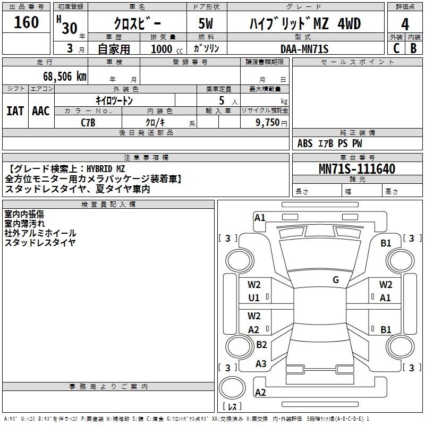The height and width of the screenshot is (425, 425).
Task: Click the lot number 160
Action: point(26,22)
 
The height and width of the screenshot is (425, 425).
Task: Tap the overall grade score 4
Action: point(405,24)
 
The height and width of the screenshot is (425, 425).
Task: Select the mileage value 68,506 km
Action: point(65,76)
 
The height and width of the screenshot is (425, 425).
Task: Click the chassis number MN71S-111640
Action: point(357,169)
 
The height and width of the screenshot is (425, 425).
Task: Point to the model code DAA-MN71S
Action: point(304,49)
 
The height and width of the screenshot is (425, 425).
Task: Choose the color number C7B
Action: point(88,123)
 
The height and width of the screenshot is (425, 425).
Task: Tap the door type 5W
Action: point(206,23)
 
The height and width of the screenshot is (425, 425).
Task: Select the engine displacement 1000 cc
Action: point(167,49)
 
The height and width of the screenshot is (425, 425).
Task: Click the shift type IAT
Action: point(15,111)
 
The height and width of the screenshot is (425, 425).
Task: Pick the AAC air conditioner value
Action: point(41,111)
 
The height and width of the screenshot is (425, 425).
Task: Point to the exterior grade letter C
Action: point(396,48)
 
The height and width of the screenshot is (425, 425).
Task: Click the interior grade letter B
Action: point(413,48)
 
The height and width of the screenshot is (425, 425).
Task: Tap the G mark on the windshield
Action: point(336,280)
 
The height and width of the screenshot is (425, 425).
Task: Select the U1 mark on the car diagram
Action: point(254,298)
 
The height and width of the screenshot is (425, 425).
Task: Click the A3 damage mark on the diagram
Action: point(261,364)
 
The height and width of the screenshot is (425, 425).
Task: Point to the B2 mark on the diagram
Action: point(261,344)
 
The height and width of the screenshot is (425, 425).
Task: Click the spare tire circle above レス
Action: point(232,388)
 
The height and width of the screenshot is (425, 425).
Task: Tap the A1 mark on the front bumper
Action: point(260,218)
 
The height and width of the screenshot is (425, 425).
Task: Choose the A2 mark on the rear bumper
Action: point(260,393)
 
